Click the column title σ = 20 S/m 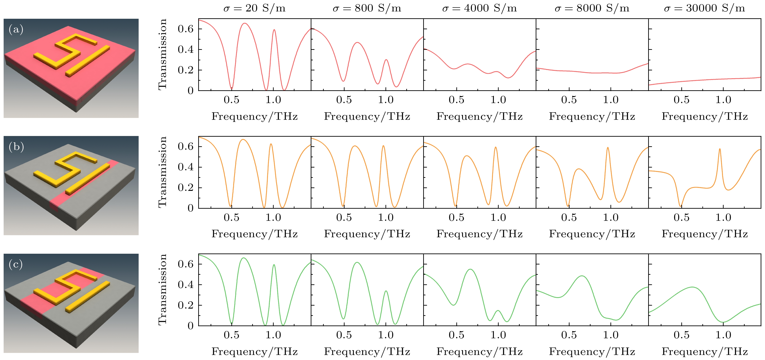point(254,8)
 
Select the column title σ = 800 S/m point(367,8)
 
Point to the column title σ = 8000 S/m point(592,8)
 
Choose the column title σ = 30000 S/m point(704,8)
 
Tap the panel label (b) point(16,147)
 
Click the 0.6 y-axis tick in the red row point(186,29)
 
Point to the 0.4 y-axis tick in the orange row point(186,167)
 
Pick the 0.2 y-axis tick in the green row point(186,305)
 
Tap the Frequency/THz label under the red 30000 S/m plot point(704,116)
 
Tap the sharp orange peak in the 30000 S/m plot point(720,149)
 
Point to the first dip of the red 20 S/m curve point(232,88)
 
